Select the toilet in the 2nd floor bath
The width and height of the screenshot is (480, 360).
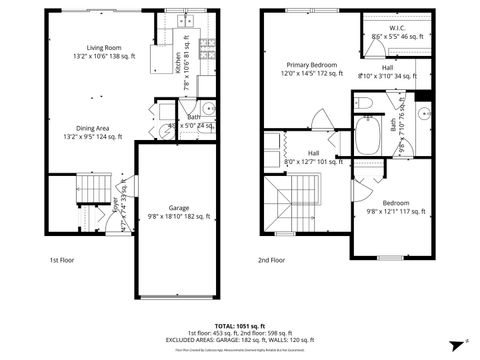pos(365,102)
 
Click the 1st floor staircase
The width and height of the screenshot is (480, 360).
pos(91,187)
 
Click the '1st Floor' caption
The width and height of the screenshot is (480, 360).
pos(64,260)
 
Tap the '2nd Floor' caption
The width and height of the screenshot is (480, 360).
pos(270,260)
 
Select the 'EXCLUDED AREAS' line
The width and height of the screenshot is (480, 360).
pos(240,341)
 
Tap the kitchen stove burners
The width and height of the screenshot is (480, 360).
pos(209,45)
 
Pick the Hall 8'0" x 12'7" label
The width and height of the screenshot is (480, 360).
pos(313,156)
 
